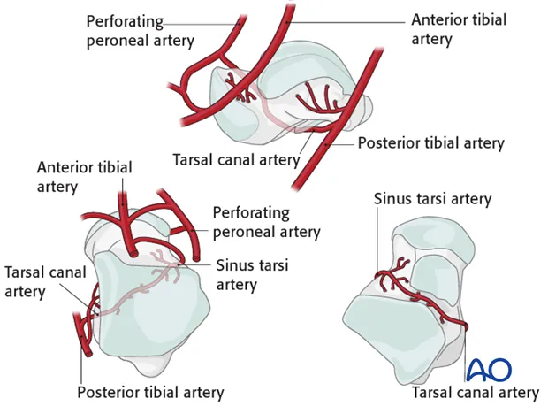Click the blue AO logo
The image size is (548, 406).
(x=491, y=369)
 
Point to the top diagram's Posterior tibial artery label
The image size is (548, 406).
(x=430, y=142)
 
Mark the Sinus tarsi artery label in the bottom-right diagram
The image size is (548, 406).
(x=432, y=199)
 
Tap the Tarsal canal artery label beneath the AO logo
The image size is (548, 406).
(x=476, y=392)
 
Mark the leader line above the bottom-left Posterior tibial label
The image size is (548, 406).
(x=82, y=367)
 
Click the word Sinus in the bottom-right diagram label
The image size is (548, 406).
(x=393, y=199)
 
